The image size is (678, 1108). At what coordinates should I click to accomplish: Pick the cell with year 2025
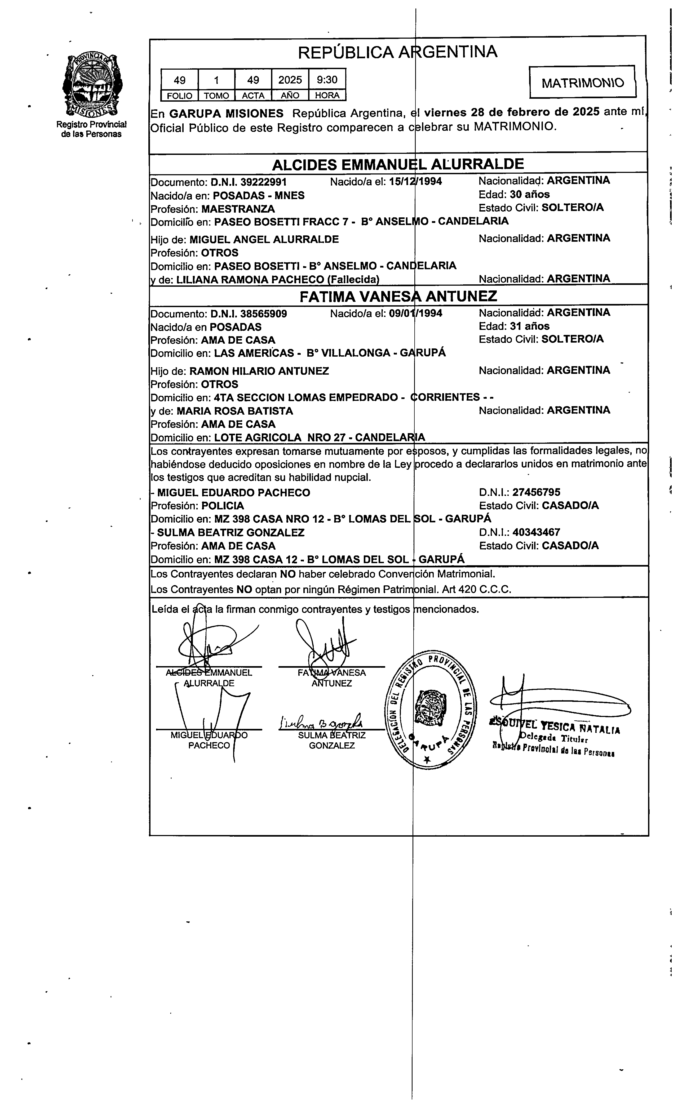[x=290, y=80]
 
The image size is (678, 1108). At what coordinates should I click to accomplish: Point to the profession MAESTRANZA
[x=238, y=209]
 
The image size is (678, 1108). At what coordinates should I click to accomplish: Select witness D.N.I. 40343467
[x=536, y=533]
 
